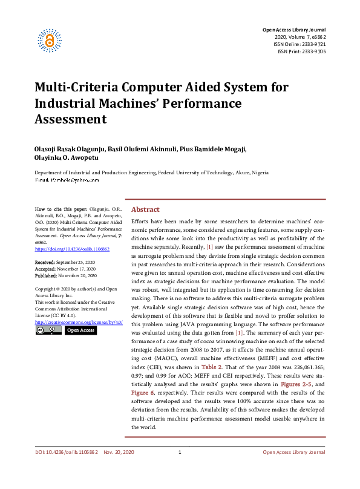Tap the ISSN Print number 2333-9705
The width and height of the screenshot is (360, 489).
pyautogui.click(x=311, y=52)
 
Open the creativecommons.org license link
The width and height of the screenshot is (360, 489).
pyautogui.click(x=79, y=323)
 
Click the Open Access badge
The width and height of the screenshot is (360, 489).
pyautogui.click(x=80, y=330)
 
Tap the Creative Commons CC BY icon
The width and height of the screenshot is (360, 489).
pyautogui.click(x=48, y=330)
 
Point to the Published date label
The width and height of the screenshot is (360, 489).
pyautogui.click(x=48, y=274)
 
